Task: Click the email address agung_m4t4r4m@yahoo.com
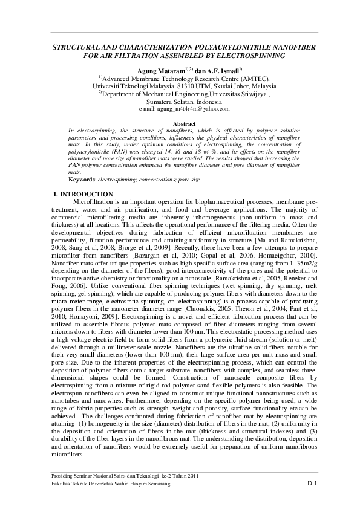[185, 109]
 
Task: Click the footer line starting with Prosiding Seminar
[125, 478]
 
